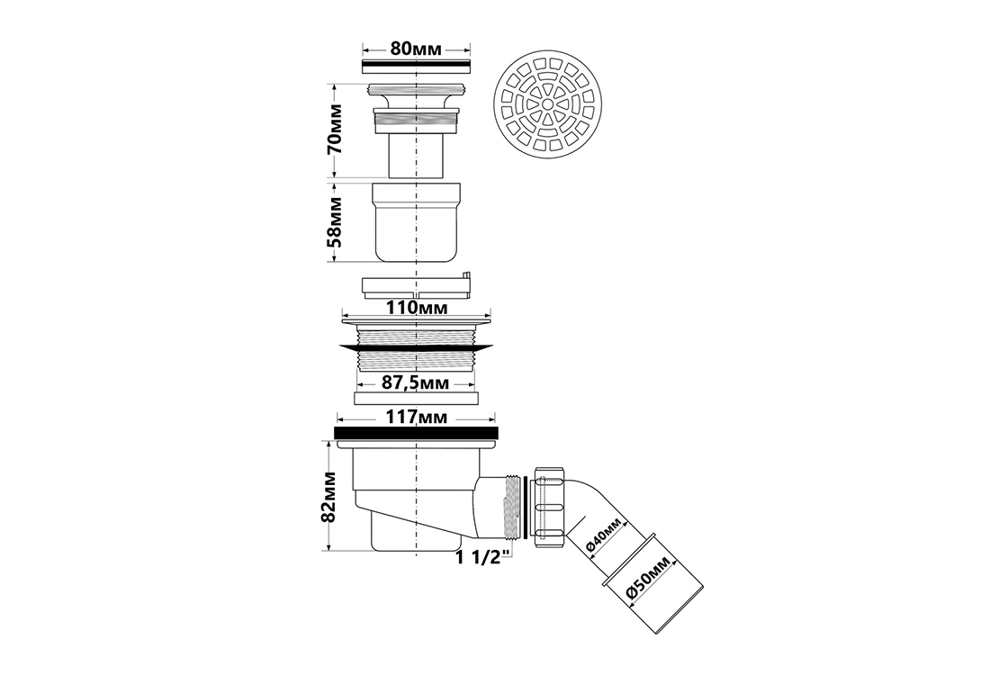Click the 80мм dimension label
point(417,49)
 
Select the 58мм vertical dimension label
point(334,221)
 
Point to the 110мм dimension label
point(416,307)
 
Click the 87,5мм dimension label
point(415,383)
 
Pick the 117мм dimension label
point(417,418)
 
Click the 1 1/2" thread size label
point(484,556)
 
